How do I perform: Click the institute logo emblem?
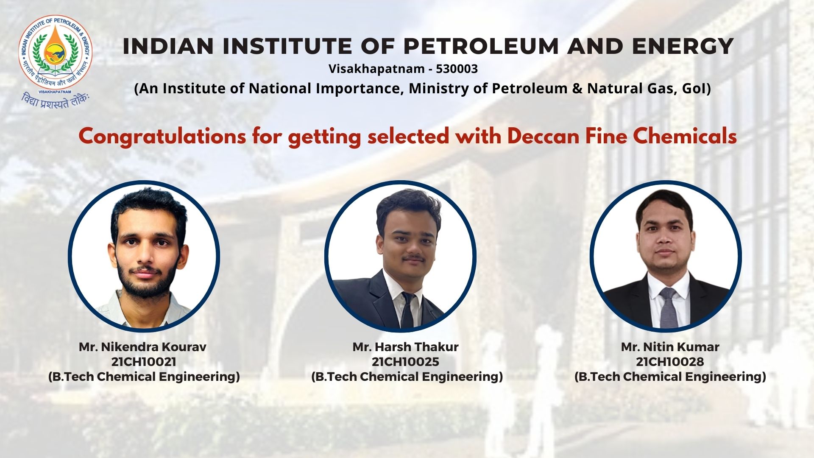click(55, 53)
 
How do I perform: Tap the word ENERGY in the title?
click(683, 46)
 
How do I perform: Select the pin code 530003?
click(457, 69)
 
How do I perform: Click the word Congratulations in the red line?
click(162, 137)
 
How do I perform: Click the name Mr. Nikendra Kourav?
click(142, 347)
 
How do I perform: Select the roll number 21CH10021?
click(144, 362)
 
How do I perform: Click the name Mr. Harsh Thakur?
click(405, 347)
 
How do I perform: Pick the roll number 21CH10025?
click(405, 362)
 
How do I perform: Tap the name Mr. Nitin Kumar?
click(670, 347)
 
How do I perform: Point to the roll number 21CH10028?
click(670, 362)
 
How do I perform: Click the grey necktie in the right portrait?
click(669, 307)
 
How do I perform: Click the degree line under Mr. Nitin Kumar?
click(670, 377)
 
